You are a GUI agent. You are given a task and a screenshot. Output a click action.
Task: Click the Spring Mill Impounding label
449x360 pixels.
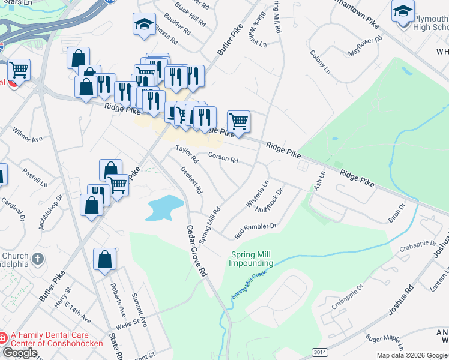[x=251, y=259]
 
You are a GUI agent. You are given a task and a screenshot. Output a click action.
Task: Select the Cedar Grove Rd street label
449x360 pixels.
[x=196, y=250]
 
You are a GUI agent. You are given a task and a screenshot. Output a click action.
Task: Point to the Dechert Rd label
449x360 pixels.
[x=191, y=179]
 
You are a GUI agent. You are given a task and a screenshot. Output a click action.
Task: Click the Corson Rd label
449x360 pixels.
[x=223, y=157]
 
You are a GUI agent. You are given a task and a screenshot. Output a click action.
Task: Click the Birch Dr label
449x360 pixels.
[x=397, y=212]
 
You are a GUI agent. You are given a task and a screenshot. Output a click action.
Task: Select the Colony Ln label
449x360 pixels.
[x=320, y=62]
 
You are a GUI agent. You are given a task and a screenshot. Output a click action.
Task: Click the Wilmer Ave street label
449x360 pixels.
[x=28, y=134]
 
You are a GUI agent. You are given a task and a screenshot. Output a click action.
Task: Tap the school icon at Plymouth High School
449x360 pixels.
[x=403, y=11]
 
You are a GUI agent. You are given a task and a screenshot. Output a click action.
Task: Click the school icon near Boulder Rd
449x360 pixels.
[x=144, y=24]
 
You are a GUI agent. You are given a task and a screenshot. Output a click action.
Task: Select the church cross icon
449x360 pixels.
[x=38, y=259]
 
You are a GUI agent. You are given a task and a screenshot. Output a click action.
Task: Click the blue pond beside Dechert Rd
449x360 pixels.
[x=164, y=206]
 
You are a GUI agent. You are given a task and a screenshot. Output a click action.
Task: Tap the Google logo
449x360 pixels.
[x=20, y=353]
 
